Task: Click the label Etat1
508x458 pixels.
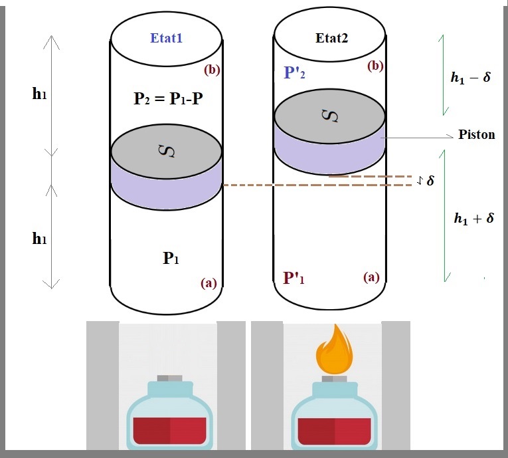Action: pyautogui.click(x=167, y=38)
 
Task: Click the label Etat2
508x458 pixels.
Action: pyautogui.click(x=332, y=37)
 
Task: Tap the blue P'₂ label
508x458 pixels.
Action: pyautogui.click(x=296, y=72)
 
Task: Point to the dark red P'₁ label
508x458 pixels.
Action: pyautogui.click(x=296, y=277)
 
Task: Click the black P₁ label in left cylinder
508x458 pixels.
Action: pyautogui.click(x=171, y=259)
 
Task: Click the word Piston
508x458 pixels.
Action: pyautogui.click(x=476, y=135)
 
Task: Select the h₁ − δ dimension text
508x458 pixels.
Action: pyautogui.click(x=470, y=77)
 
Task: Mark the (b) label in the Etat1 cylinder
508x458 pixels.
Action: pyautogui.click(x=212, y=69)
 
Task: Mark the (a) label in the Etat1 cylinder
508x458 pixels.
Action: pyautogui.click(x=209, y=283)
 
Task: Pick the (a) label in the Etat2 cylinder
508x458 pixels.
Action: pyautogui.click(x=371, y=277)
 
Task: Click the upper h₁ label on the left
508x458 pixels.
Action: pyautogui.click(x=39, y=94)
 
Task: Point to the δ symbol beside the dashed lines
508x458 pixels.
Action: pyautogui.click(x=430, y=180)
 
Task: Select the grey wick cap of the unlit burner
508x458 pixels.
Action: pyautogui.click(x=169, y=378)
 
